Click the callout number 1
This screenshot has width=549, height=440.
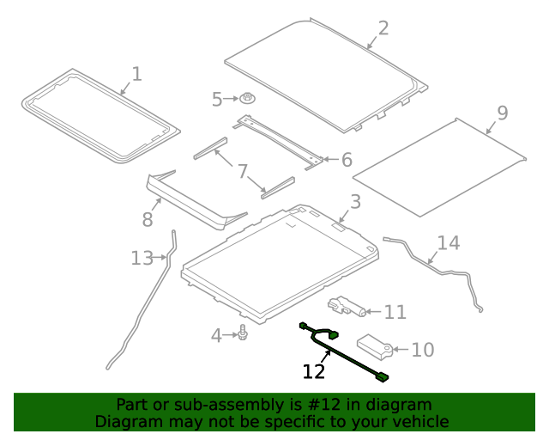(136, 75)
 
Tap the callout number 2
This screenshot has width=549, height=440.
(383, 28)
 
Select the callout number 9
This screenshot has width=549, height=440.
(502, 113)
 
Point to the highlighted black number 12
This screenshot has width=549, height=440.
(314, 371)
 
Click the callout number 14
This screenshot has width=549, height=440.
(449, 243)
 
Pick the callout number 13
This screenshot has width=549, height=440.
(142, 257)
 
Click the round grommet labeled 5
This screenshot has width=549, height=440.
(248, 100)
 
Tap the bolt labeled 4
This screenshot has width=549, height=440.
(244, 333)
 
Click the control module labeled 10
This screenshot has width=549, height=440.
(374, 345)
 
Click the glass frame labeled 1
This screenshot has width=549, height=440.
(99, 116)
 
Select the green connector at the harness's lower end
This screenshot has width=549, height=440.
(381, 376)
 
